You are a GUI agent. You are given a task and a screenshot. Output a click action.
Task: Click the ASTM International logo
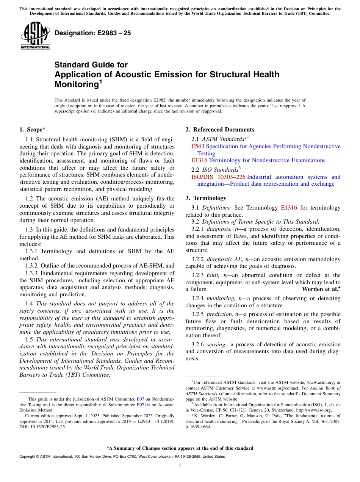(35, 36)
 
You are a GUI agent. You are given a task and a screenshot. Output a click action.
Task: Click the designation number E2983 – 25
(93, 33)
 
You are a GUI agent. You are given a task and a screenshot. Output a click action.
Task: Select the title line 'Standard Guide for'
(91, 65)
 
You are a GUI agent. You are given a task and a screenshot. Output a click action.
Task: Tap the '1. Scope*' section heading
(33, 130)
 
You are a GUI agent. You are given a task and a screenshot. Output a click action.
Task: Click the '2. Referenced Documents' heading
(220, 130)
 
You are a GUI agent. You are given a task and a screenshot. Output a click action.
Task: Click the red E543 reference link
(198, 146)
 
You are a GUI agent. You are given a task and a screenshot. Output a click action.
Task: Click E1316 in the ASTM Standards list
(199, 160)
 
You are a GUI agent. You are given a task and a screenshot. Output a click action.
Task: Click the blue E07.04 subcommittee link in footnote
(142, 405)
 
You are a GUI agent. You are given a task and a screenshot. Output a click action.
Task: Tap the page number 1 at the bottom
(180, 466)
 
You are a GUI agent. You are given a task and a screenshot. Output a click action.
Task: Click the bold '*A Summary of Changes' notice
(180, 448)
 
